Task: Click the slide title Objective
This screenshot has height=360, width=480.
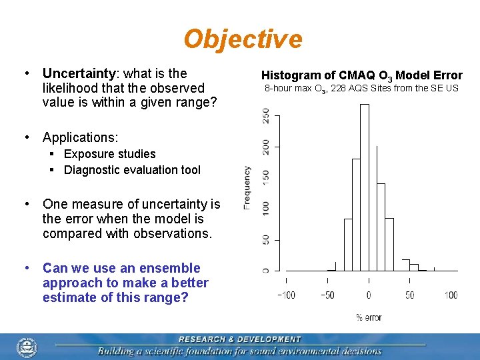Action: (x=243, y=39)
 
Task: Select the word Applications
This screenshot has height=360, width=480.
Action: (x=79, y=137)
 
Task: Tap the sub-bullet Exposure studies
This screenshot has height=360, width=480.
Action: (x=109, y=154)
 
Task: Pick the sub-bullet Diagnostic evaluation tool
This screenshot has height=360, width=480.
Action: (x=132, y=170)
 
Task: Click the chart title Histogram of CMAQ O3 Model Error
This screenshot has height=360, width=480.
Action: (x=361, y=75)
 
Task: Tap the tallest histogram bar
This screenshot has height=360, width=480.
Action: (x=364, y=187)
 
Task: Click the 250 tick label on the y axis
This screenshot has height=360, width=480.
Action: (x=267, y=115)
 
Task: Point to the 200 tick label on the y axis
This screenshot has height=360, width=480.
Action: (x=267, y=146)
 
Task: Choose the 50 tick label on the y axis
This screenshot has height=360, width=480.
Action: (x=267, y=239)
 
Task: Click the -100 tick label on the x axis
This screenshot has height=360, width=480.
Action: (x=286, y=295)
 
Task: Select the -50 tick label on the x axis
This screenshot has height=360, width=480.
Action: (x=327, y=295)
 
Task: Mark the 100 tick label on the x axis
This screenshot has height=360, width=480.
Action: (x=451, y=295)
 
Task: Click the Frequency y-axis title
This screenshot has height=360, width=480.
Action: (x=247, y=188)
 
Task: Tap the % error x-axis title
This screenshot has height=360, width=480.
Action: (x=369, y=317)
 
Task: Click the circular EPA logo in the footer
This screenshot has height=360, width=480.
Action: (x=27, y=347)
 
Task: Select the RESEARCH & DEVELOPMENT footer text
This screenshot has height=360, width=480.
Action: (x=239, y=339)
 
